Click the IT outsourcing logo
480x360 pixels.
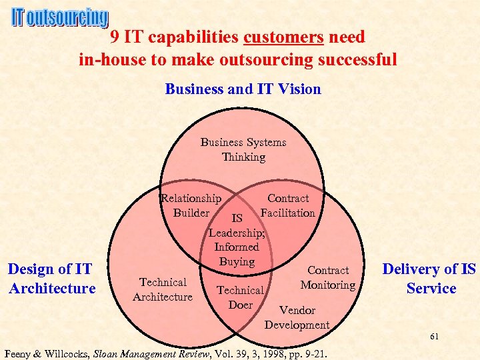click(x=59, y=18)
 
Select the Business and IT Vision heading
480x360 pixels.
click(x=243, y=89)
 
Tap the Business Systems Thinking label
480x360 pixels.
click(x=243, y=149)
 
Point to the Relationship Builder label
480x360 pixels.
click(x=191, y=205)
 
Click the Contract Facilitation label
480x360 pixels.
click(x=288, y=205)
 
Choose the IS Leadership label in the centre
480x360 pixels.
click(x=237, y=226)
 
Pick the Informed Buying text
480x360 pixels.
click(x=237, y=254)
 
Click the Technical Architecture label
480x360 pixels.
click(x=163, y=289)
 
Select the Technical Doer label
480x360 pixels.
click(x=240, y=297)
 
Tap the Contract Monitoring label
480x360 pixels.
click(x=327, y=277)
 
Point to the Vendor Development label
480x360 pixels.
click(x=297, y=317)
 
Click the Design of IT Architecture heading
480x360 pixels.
click(x=51, y=279)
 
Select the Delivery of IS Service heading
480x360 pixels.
click(x=429, y=279)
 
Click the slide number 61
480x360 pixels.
click(x=433, y=336)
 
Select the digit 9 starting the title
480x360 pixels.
click(x=115, y=36)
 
